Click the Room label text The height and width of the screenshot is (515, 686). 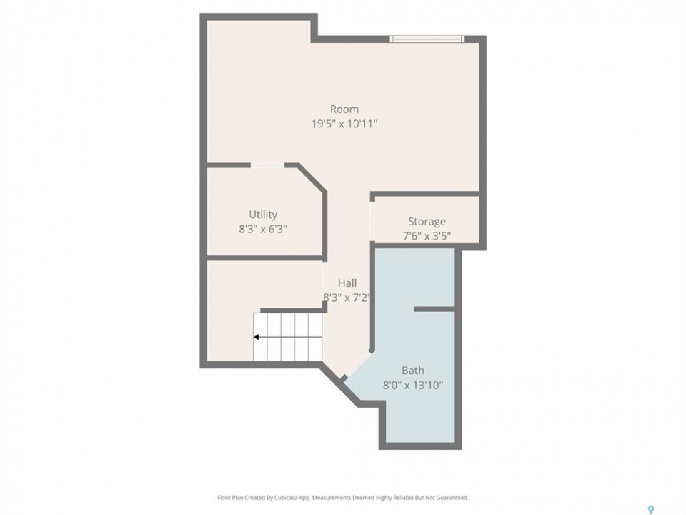[x=344, y=109]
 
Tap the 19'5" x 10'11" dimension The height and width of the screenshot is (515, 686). [x=344, y=124]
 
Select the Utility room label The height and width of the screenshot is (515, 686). [x=263, y=215]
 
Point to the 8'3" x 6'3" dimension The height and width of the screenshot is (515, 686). [x=263, y=229]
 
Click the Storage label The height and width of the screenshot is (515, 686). [x=427, y=222]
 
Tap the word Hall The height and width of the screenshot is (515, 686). [x=347, y=283]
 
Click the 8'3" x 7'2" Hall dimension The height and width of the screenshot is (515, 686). [x=347, y=298]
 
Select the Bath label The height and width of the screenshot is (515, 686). [x=413, y=371]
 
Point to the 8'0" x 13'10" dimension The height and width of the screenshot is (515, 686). [x=413, y=386]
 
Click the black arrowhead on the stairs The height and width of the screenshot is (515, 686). [x=257, y=337]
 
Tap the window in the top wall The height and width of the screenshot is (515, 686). [x=427, y=39]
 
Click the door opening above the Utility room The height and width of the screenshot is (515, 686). [x=268, y=165]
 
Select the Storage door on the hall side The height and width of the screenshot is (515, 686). [x=372, y=221]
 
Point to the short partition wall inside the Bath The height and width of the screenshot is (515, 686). [x=434, y=309]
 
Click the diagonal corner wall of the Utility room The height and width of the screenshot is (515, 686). [x=312, y=177]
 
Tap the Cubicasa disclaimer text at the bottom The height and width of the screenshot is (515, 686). [x=342, y=498]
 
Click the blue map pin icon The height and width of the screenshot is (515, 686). [x=650, y=509]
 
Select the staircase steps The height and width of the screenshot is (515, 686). [x=288, y=337]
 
